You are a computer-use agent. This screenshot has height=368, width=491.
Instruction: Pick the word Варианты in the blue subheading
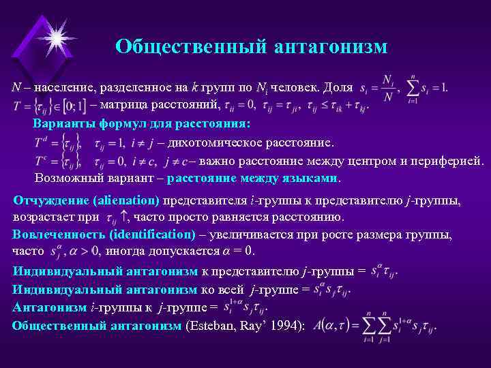pos(60,124)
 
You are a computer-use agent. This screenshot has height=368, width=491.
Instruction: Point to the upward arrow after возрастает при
pos(124,217)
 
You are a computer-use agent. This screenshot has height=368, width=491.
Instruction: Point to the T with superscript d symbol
pos(41,143)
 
